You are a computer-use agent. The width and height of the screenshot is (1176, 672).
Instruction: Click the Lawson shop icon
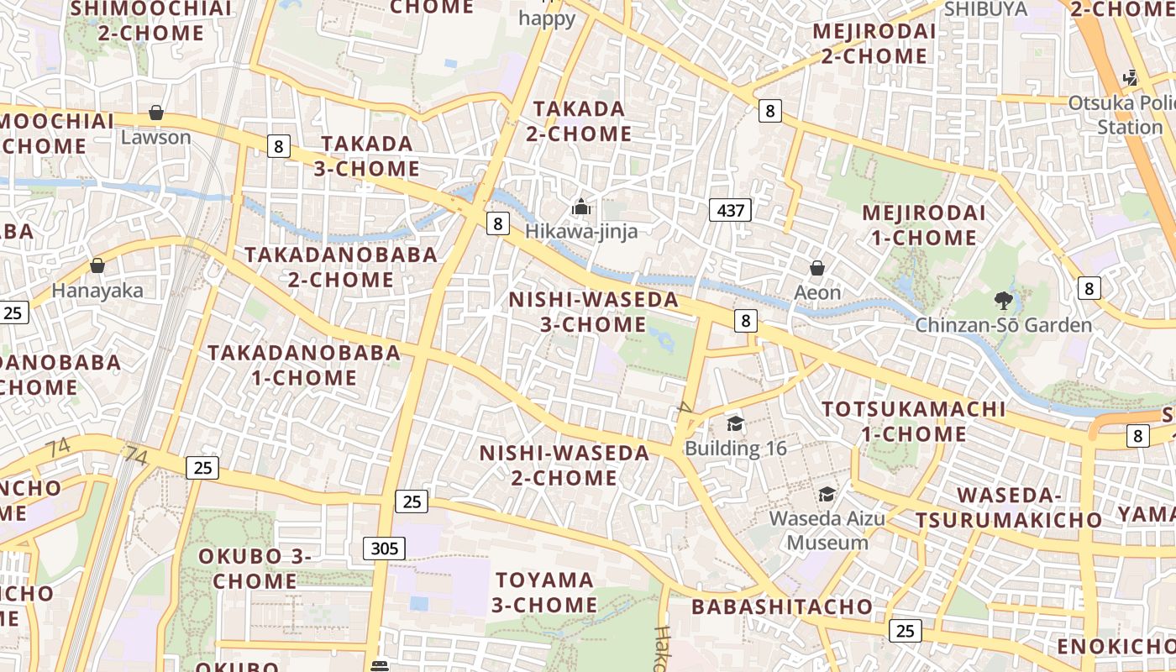tap(155, 113)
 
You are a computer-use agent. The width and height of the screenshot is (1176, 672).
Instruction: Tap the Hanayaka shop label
tap(97, 291)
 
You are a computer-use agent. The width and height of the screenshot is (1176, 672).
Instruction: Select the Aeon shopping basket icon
tap(816, 268)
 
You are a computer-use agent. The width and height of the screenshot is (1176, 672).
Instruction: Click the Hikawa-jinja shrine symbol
tap(580, 206)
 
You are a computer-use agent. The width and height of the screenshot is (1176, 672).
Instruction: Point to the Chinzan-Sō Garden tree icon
tap(1003, 300)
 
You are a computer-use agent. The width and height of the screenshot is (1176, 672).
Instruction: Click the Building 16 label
tap(736, 448)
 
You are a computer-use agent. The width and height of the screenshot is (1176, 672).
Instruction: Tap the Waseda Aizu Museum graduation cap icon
tap(827, 494)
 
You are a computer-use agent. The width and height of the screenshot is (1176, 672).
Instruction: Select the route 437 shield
tap(729, 210)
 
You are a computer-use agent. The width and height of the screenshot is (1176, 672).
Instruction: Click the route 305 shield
tap(385, 549)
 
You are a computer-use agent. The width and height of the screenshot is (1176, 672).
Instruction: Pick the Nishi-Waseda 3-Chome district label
tap(594, 312)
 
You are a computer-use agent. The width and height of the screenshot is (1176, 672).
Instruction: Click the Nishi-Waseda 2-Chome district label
tap(564, 465)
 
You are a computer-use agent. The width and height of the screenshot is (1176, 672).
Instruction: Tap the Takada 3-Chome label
tap(367, 155)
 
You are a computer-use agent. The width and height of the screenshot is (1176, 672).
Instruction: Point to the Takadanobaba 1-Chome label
tap(304, 365)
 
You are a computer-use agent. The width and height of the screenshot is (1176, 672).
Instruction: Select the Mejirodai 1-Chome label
tap(924, 225)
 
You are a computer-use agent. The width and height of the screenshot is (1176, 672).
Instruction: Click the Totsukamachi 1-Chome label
tap(914, 422)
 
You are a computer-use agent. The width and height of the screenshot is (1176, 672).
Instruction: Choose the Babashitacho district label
tap(782, 606)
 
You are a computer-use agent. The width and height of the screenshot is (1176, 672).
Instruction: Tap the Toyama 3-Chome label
tap(544, 592)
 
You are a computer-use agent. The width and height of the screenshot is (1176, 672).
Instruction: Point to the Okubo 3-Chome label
tap(255, 569)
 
